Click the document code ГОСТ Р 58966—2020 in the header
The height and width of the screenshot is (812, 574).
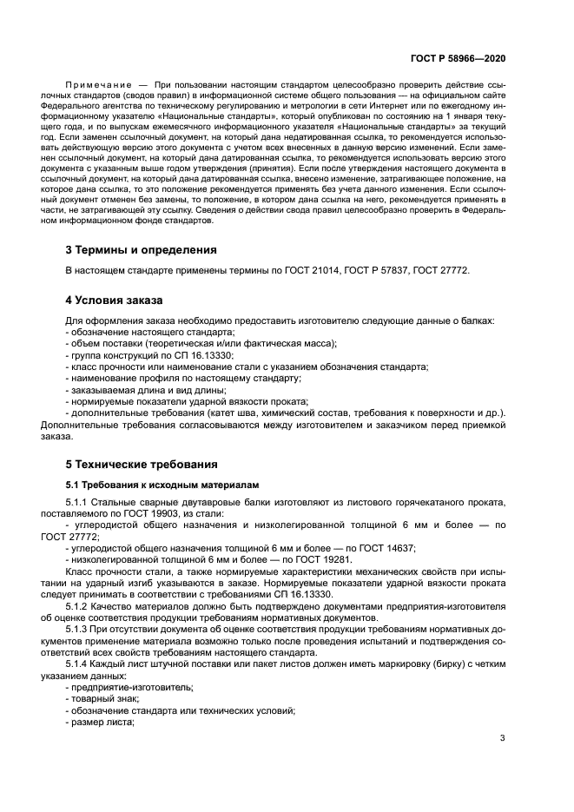point(458,58)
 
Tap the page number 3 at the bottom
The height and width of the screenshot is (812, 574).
point(503,739)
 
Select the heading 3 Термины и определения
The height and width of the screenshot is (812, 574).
point(142,251)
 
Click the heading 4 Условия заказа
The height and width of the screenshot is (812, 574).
point(114,300)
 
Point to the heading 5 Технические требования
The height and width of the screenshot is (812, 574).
point(142,464)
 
